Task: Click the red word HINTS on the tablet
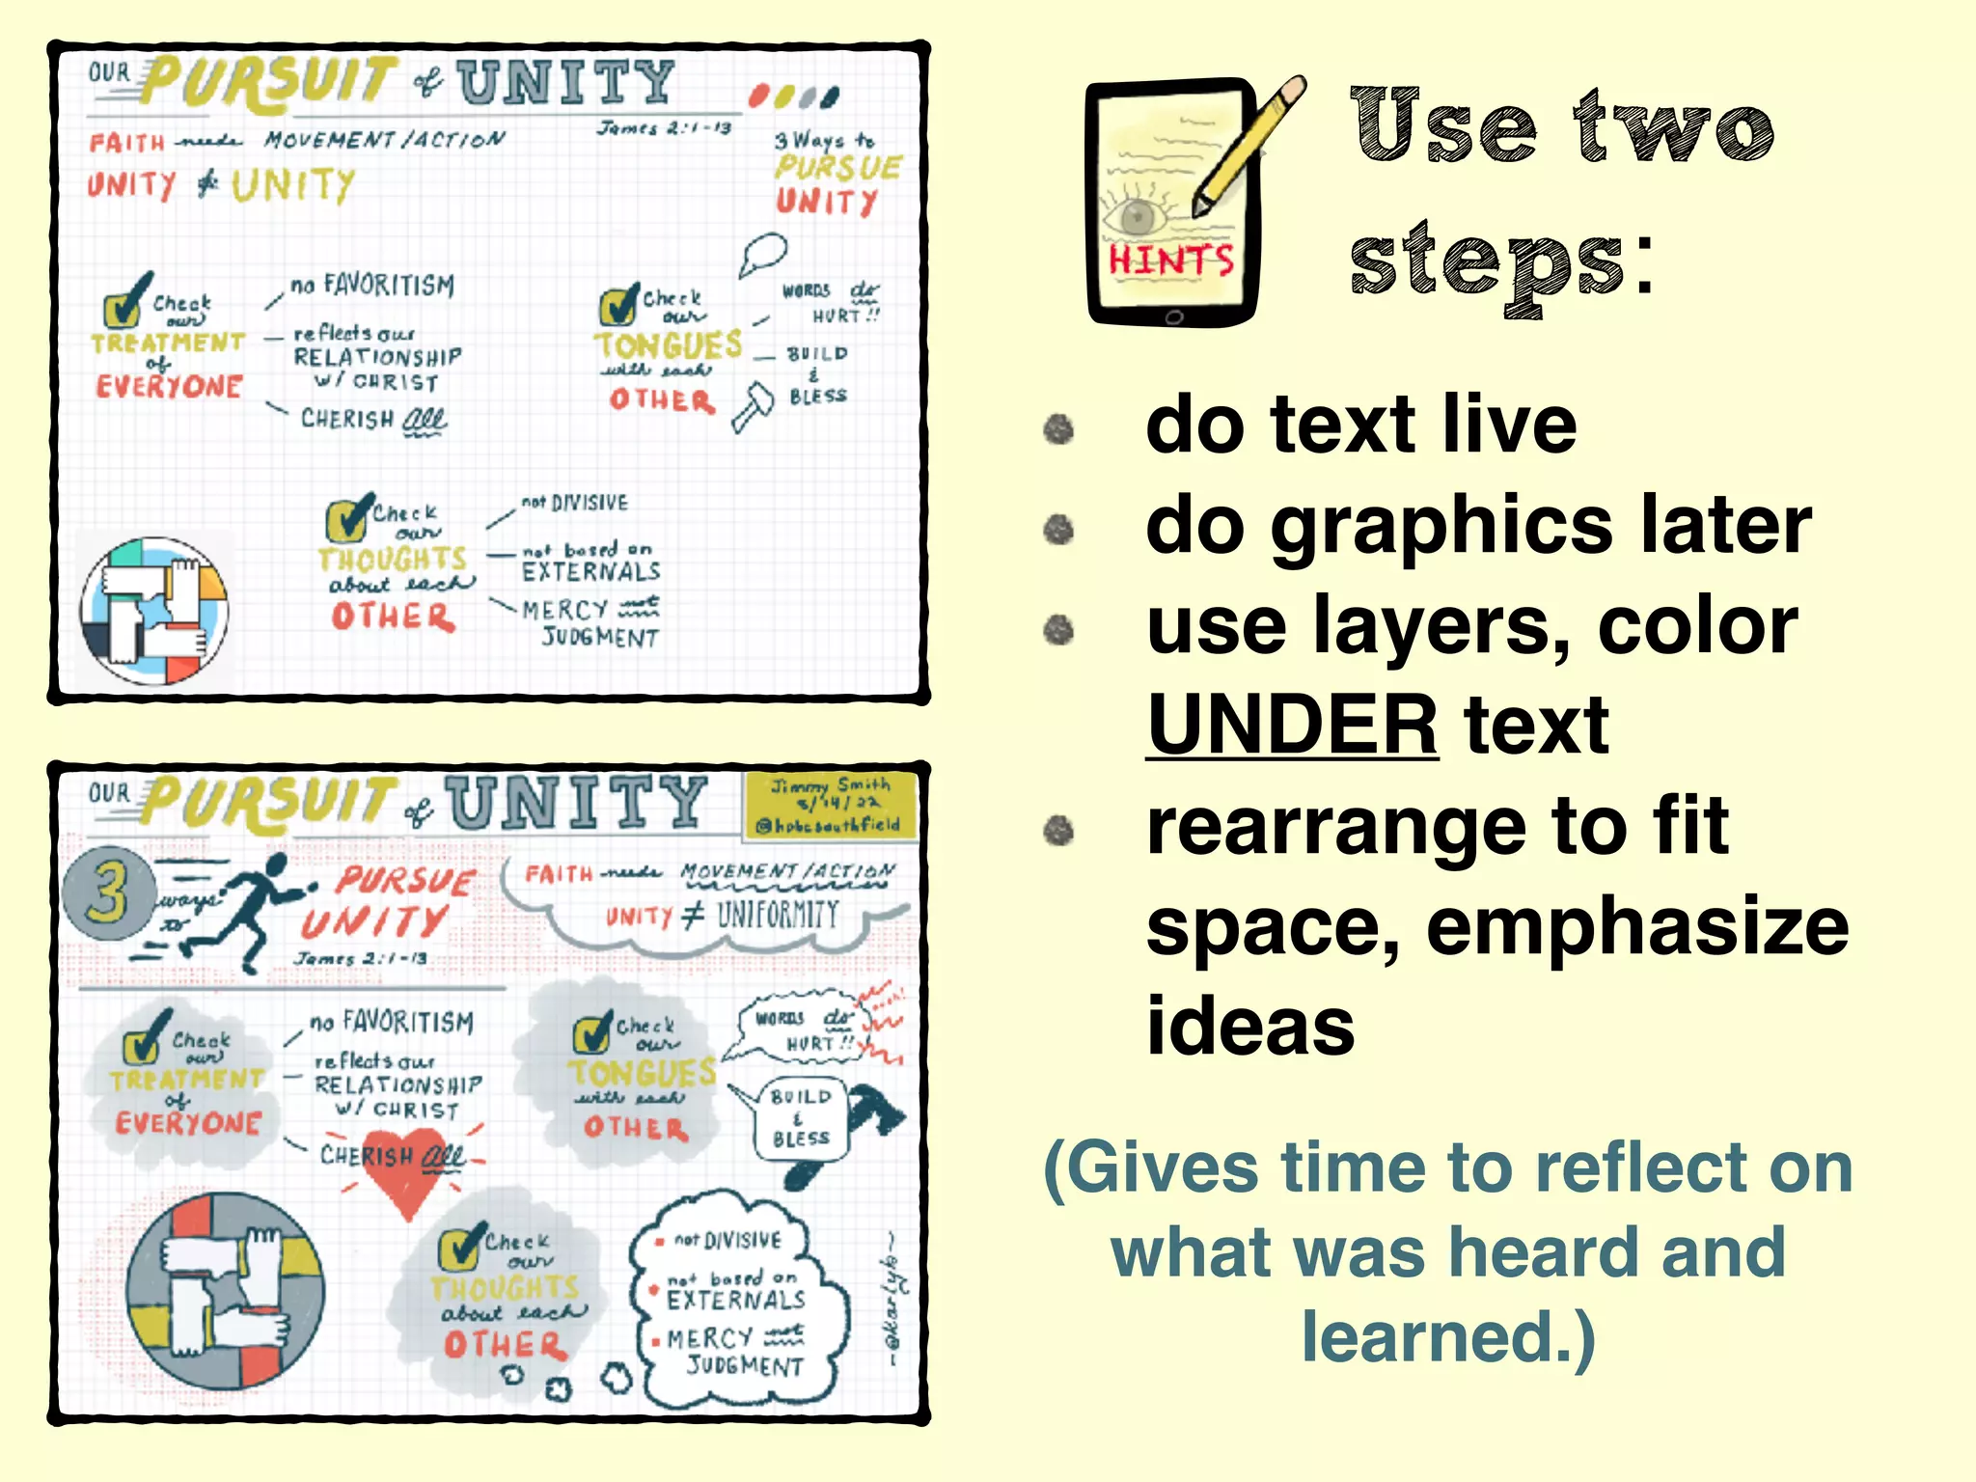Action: pos(1170,261)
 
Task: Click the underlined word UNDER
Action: pos(1293,726)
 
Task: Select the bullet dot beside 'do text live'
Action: pos(1058,429)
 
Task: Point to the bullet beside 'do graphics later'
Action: pos(1058,529)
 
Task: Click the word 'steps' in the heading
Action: pos(1487,264)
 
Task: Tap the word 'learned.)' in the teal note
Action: pos(1448,1337)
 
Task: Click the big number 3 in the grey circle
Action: pos(108,892)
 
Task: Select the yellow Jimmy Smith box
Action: pos(829,805)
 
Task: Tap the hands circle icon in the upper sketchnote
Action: pos(154,611)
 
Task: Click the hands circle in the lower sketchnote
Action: pos(226,1291)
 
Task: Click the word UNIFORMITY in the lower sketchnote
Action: pos(778,914)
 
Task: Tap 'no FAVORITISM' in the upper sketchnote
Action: pos(372,285)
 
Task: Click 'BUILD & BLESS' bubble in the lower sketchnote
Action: pos(800,1118)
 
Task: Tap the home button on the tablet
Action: pos(1173,316)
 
